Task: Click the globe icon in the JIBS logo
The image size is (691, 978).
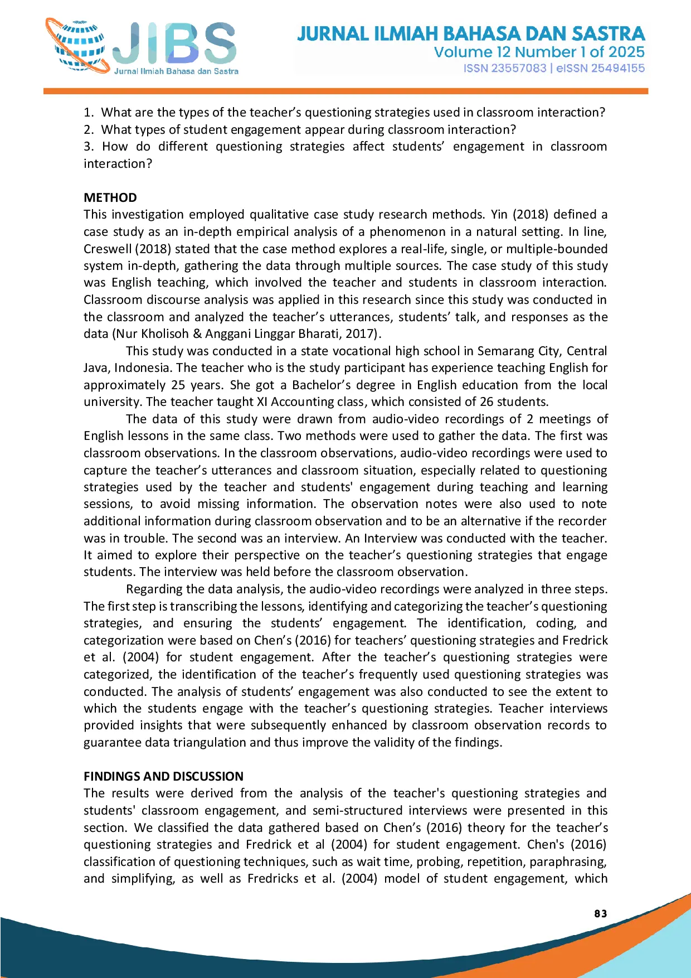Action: [x=78, y=47]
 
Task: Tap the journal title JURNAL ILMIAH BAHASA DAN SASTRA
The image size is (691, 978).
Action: [x=471, y=34]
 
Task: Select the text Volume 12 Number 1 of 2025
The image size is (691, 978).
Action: [x=539, y=52]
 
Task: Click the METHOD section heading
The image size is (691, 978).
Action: [x=110, y=198]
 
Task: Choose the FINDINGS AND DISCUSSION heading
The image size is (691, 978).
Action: [x=163, y=776]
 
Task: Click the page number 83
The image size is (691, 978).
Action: [x=601, y=913]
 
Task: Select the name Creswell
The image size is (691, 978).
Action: [x=108, y=249]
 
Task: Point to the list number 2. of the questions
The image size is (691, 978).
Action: [x=89, y=130]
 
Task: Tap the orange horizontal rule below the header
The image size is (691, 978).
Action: [x=345, y=91]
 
